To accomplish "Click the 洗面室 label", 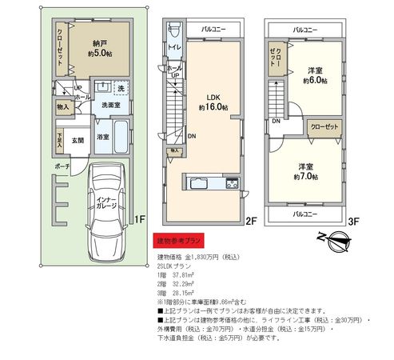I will point(109,105).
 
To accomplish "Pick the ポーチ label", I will point(62,166).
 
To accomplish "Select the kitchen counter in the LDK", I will point(210,182).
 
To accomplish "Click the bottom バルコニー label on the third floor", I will point(304,214).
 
